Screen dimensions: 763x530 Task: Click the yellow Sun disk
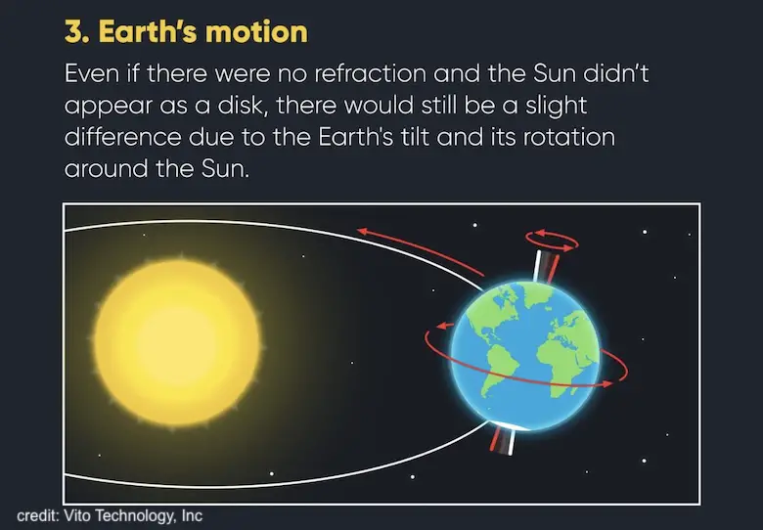point(178,343)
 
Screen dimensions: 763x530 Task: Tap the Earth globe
point(525,356)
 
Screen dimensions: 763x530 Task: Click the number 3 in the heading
point(74,32)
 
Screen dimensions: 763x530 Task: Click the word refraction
point(370,73)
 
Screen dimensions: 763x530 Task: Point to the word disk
point(242,105)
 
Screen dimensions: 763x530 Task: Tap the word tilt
point(415,137)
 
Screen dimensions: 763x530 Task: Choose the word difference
point(122,137)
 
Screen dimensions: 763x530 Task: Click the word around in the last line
point(106,168)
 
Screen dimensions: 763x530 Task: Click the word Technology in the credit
point(134,516)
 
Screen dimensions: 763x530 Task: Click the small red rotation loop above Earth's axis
point(552,241)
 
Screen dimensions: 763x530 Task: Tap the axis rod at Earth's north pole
point(545,266)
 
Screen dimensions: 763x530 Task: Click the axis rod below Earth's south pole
point(503,440)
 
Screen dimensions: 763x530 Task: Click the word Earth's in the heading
point(148,32)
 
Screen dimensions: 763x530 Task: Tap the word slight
point(556,105)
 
